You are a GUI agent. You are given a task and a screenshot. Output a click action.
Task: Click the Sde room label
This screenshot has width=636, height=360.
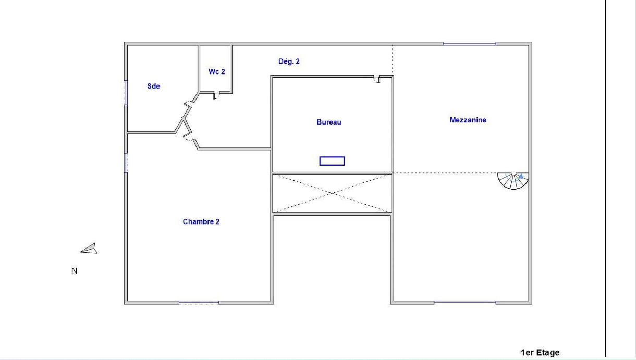pos(153,86)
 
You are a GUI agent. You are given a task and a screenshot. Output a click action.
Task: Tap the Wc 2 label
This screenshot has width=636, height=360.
pos(217,71)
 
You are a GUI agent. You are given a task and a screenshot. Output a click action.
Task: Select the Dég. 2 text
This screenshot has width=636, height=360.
pos(289,61)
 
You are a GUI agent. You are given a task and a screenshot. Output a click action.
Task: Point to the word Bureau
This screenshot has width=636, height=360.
pos(329,122)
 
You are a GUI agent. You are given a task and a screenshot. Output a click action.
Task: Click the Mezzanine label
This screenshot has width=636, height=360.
pos(468,120)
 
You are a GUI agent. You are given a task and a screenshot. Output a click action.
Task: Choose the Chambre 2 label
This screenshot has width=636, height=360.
pos(201,221)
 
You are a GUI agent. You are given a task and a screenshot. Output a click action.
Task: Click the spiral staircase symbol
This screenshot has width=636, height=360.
pos(513,181)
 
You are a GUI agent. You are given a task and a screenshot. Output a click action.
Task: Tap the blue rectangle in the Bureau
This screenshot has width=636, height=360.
pos(332,161)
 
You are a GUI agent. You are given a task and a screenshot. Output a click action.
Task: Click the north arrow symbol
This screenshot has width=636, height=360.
pos(89,249)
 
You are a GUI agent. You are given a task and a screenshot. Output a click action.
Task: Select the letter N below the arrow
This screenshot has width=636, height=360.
pos(75,271)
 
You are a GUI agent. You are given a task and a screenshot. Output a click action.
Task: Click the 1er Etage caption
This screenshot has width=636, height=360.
pos(540,353)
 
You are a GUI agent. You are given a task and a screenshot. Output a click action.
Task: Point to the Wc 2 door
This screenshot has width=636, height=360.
pos(216,95)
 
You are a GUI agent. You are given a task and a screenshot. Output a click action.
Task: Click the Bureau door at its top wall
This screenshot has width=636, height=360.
pos(377,79)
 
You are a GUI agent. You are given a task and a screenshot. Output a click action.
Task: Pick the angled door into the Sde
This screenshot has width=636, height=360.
pos(189,104)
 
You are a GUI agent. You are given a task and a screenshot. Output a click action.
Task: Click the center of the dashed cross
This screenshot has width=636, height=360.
pos(332,193)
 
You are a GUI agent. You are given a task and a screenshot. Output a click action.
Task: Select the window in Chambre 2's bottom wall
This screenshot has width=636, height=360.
pos(199,303)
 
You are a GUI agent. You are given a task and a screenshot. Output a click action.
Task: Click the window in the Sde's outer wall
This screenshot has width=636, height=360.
pos(126,93)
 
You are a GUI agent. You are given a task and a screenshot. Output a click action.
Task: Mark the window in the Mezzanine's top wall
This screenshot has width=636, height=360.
pos(470,44)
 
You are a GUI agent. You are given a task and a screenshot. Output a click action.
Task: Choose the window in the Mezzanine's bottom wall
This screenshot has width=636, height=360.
pos(465,302)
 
